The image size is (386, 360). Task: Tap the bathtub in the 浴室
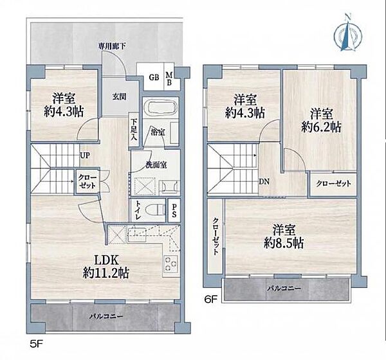point(160,108)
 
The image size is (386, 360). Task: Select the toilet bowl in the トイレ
point(155,210)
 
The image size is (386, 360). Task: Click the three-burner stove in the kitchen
point(170,264)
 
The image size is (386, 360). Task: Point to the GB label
point(154,78)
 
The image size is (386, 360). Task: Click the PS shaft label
point(174,211)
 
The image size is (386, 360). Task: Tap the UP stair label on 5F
point(84,156)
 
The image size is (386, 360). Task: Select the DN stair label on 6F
point(264,182)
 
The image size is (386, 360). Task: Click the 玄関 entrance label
point(120,96)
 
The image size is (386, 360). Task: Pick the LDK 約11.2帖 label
point(106,266)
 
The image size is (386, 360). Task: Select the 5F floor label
point(37,344)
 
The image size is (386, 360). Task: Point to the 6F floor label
point(211,299)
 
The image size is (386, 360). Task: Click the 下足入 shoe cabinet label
point(134,130)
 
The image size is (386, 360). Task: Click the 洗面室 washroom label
point(156,165)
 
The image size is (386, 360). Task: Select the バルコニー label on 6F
point(284,288)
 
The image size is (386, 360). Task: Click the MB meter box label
point(169,78)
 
